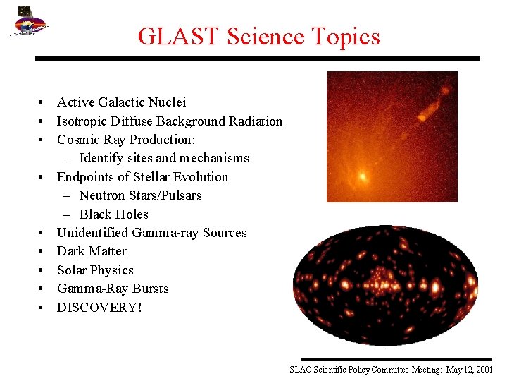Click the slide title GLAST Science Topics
[258, 36]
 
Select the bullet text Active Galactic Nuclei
[121, 102]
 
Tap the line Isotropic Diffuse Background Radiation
[169, 121]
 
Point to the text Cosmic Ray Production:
[126, 140]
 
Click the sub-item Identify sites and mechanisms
[163, 158]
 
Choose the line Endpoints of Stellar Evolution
[142, 176]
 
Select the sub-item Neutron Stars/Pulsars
[140, 195]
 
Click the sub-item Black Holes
[113, 214]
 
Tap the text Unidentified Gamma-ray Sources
[151, 233]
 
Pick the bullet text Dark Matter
[92, 251]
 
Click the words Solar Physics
[95, 270]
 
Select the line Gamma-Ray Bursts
[113, 289]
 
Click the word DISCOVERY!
[99, 307]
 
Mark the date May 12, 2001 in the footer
[470, 370]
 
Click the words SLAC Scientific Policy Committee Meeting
[365, 370]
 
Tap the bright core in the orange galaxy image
[363, 176]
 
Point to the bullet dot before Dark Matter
[43, 251]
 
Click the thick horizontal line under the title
[258, 59]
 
